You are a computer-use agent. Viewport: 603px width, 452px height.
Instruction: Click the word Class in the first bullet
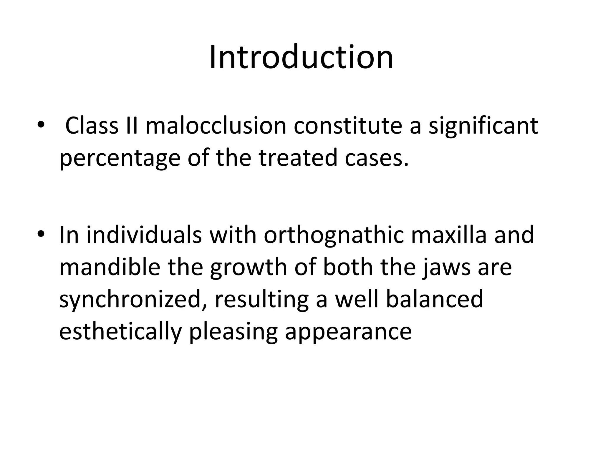click(x=92, y=126)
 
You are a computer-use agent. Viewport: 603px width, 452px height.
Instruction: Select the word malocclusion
click(x=216, y=126)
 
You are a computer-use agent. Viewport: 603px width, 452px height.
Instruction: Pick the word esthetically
click(x=120, y=332)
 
